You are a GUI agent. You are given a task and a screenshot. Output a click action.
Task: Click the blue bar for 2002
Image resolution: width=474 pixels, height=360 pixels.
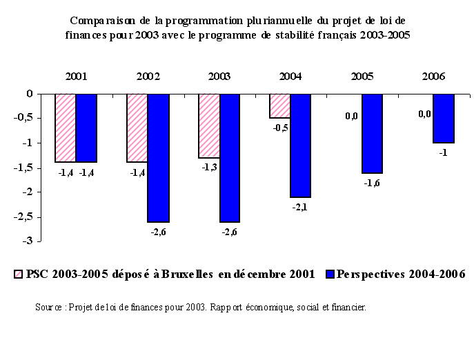[x=158, y=158]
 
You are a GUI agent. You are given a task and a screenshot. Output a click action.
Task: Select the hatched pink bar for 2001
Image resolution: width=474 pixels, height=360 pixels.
[x=66, y=128]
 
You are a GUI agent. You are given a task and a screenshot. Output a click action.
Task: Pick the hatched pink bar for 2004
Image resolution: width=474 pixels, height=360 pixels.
[x=279, y=106]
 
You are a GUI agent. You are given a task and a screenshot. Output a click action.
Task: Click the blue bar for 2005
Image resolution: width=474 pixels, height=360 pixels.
[x=372, y=133]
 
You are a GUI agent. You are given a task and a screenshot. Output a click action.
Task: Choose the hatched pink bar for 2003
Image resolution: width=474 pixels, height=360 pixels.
[x=209, y=126]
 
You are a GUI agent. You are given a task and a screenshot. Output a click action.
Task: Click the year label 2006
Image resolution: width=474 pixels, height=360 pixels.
[x=433, y=77]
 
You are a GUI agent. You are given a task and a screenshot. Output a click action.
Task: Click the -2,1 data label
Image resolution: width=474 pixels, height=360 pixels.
[x=300, y=207]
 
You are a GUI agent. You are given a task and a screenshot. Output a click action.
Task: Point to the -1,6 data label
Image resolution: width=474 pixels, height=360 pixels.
[x=372, y=183]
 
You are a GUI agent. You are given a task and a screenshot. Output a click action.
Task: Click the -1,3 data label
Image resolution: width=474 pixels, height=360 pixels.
[x=208, y=168]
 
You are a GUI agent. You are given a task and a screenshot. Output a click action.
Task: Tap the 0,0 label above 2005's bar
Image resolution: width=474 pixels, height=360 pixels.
[x=351, y=117]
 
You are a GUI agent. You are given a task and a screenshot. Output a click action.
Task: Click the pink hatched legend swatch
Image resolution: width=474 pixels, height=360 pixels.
[x=18, y=274]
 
